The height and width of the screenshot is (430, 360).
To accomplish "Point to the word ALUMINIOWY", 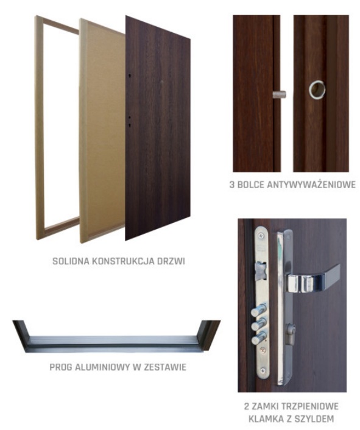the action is coord(102,367).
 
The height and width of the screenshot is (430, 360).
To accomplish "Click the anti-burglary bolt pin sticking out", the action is coord(279,94).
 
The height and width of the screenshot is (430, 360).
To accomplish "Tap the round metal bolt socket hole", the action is coord(317,90).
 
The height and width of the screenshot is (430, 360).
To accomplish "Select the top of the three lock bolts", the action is coord(258,311).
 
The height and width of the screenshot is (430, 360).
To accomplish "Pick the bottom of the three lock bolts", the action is coord(258,339).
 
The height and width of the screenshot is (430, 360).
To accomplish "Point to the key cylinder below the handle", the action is coord(290,334).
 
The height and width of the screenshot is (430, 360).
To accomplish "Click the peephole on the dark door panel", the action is coord(162,82).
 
